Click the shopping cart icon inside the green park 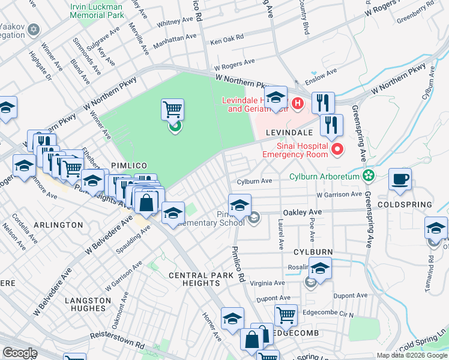[x=172, y=110]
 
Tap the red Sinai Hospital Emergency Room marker [x=337, y=149]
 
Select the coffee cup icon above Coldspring [x=400, y=179]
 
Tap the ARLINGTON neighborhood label [x=58, y=224]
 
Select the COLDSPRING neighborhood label [x=405, y=205]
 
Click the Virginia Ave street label [x=267, y=283]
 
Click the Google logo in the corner [x=20, y=353]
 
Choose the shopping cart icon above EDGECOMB [x=286, y=314]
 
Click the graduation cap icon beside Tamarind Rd [x=435, y=228]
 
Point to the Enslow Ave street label [x=321, y=76]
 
